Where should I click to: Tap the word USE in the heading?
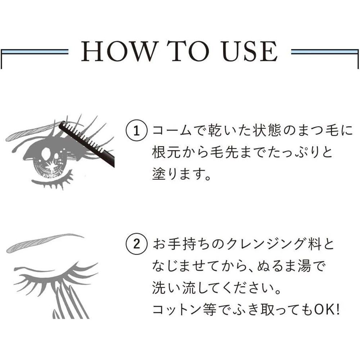click(250, 51)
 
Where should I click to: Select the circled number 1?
click(136, 130)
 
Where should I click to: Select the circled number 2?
click(136, 244)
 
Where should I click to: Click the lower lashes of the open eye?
click(53, 181)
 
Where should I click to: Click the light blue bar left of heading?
click(35, 52)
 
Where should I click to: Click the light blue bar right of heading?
click(325, 52)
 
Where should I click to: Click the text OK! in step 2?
click(327, 309)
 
